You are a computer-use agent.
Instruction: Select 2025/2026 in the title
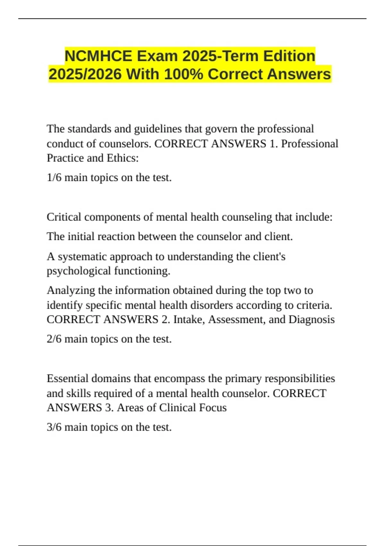point(85,74)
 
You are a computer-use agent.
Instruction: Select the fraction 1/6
point(54,178)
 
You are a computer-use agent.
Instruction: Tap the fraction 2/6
point(54,339)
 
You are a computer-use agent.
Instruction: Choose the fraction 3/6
point(54,427)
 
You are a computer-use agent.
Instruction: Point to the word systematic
point(82,257)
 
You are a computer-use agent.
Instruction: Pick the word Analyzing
point(71,290)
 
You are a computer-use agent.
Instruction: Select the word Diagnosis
point(312,320)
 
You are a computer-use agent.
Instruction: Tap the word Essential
point(67,378)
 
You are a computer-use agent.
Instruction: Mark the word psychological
point(79,271)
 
